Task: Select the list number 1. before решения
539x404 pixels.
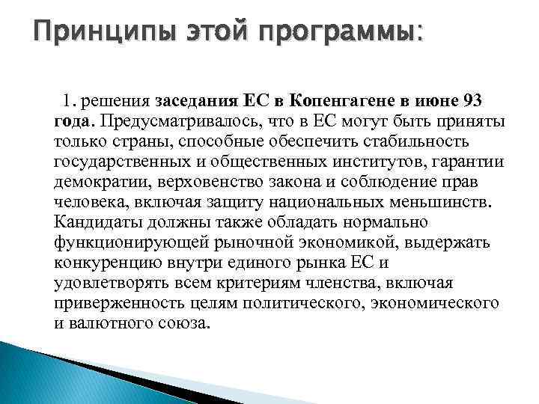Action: [x=70, y=100]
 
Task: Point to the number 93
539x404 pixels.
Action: [x=477, y=100]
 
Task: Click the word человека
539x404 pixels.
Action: [x=86, y=201]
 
